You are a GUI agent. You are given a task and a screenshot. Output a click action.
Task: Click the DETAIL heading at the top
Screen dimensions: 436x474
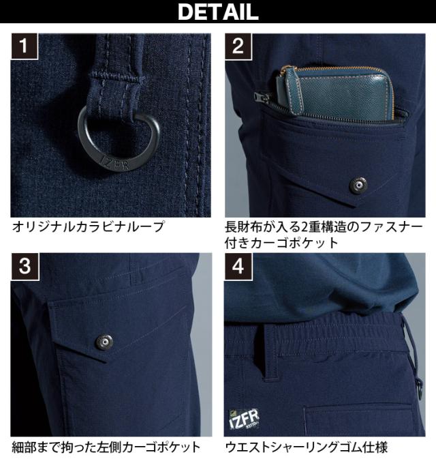218,12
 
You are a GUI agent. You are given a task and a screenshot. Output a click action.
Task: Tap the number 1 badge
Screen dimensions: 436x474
24,46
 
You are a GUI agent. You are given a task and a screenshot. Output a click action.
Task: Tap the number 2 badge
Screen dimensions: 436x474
238,46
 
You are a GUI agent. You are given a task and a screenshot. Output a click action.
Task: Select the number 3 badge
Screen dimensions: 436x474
25,266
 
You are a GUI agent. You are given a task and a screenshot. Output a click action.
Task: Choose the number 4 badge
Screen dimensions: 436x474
238,266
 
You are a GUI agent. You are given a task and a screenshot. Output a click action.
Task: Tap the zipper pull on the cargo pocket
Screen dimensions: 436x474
258,97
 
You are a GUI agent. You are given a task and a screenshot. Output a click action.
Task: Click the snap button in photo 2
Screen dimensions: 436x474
358,185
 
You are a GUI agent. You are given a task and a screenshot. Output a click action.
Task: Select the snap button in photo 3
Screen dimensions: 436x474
104,342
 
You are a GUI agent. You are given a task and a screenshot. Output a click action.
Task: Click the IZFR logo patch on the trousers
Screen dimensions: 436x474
244,419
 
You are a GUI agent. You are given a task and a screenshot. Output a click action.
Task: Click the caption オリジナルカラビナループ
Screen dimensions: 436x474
88,226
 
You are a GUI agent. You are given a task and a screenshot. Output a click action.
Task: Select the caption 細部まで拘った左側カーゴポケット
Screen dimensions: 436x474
106,447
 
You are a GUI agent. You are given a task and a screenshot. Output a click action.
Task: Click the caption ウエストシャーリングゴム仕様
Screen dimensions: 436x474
306,447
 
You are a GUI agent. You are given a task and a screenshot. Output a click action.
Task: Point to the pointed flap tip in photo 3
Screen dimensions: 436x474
106,361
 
